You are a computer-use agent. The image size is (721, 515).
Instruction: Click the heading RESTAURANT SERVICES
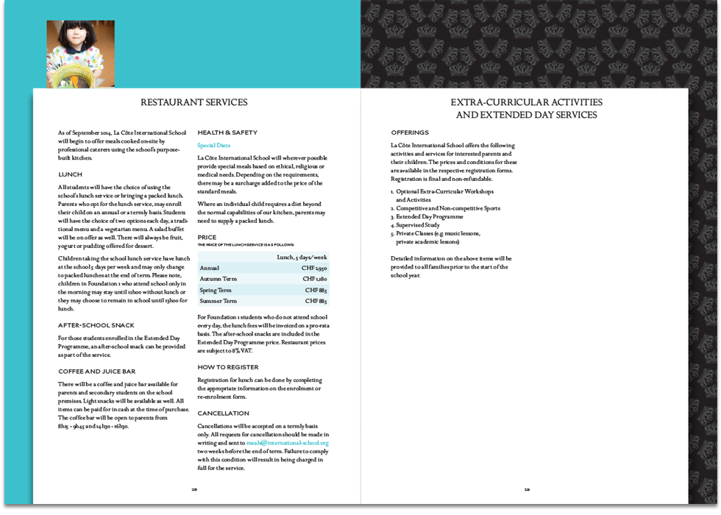point(193,102)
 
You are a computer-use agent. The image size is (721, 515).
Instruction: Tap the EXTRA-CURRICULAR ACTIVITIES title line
point(526,102)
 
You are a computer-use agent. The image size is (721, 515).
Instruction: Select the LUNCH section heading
point(71,174)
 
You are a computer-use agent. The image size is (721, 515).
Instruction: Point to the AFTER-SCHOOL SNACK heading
point(96,325)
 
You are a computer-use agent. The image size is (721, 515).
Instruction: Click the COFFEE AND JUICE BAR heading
point(97,372)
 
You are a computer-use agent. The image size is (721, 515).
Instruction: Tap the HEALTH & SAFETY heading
point(227,132)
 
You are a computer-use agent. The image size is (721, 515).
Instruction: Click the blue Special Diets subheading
point(213,146)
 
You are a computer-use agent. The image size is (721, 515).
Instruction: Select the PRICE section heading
point(207,238)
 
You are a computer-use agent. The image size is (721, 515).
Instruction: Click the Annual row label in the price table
point(210,268)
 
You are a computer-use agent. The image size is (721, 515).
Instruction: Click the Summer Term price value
point(316,301)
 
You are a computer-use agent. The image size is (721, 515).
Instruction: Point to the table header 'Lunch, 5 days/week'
point(302,257)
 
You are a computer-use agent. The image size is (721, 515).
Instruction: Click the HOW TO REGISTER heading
point(228,366)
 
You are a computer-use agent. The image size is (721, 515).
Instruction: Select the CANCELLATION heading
point(223,413)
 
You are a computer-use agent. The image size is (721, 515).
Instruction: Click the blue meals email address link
point(288,443)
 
